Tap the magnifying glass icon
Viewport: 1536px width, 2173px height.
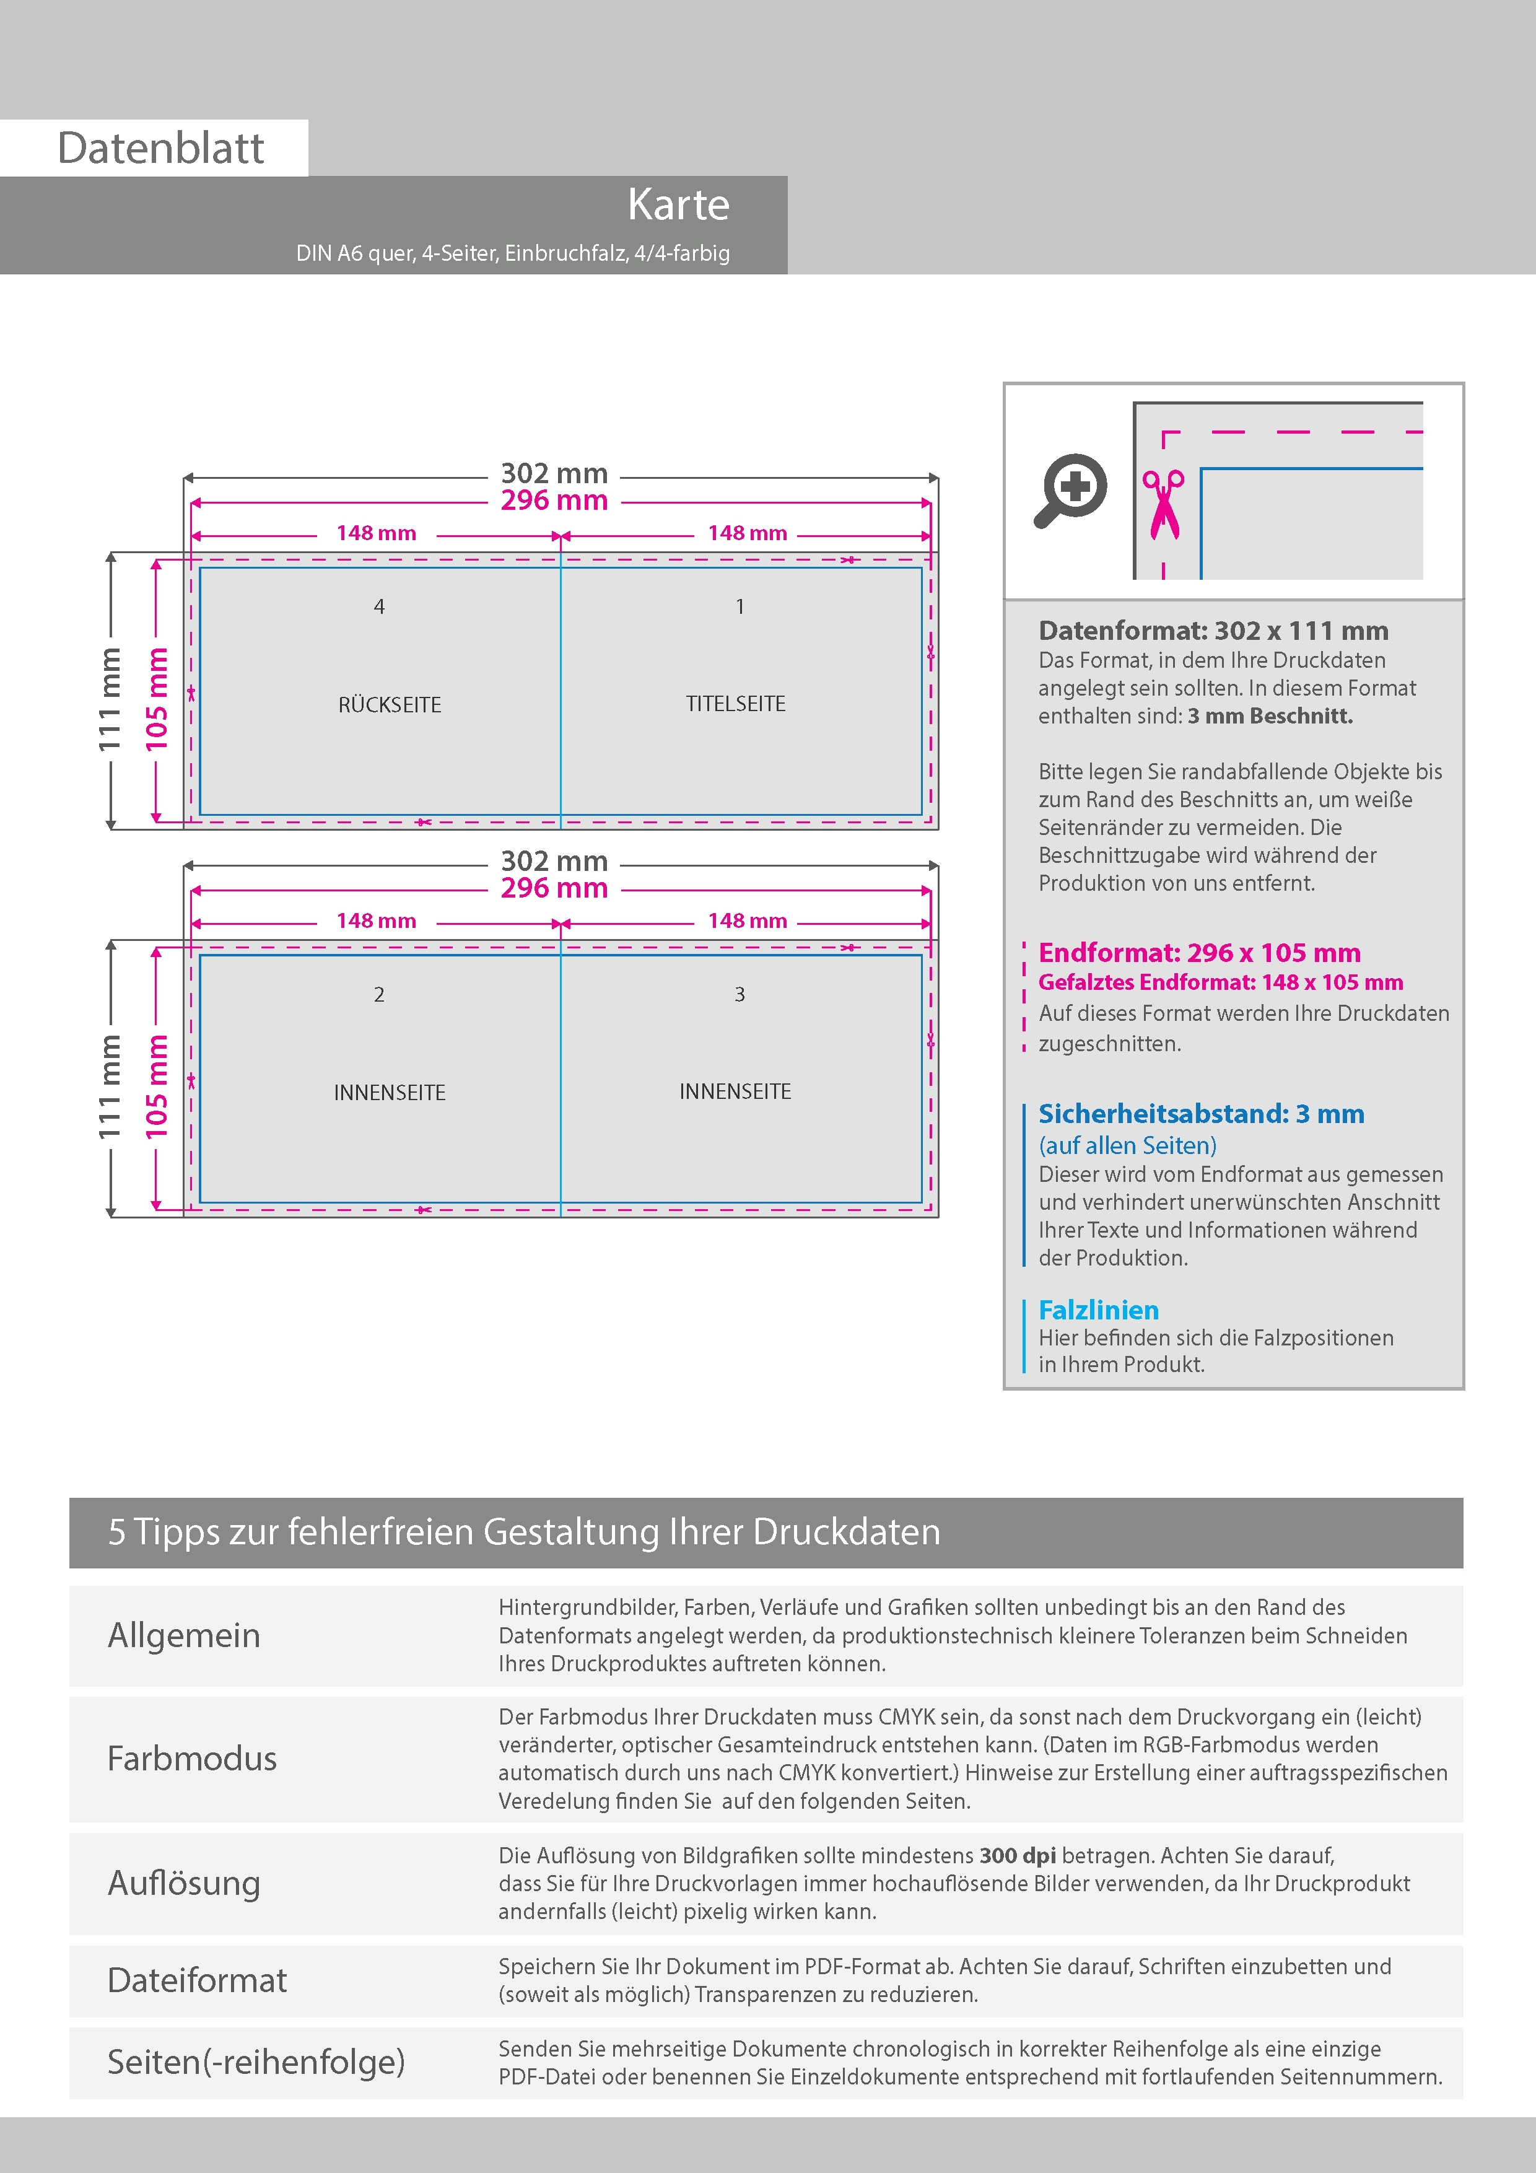tap(1070, 489)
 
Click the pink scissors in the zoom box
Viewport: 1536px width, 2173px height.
tap(1163, 504)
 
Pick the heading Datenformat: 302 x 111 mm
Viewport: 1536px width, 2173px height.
tap(1213, 631)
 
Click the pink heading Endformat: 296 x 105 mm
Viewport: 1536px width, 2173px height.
tap(1199, 953)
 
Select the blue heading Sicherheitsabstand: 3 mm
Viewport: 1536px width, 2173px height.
tap(1201, 1114)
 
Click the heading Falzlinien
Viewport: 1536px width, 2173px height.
tap(1098, 1310)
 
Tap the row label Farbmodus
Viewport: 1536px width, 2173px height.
tap(192, 1759)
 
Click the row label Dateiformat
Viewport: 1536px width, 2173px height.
tap(197, 1980)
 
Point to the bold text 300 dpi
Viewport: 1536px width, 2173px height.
tap(1018, 1855)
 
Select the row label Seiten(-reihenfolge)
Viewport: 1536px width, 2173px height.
tap(256, 2062)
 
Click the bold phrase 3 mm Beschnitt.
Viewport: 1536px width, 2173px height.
tap(1270, 717)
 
